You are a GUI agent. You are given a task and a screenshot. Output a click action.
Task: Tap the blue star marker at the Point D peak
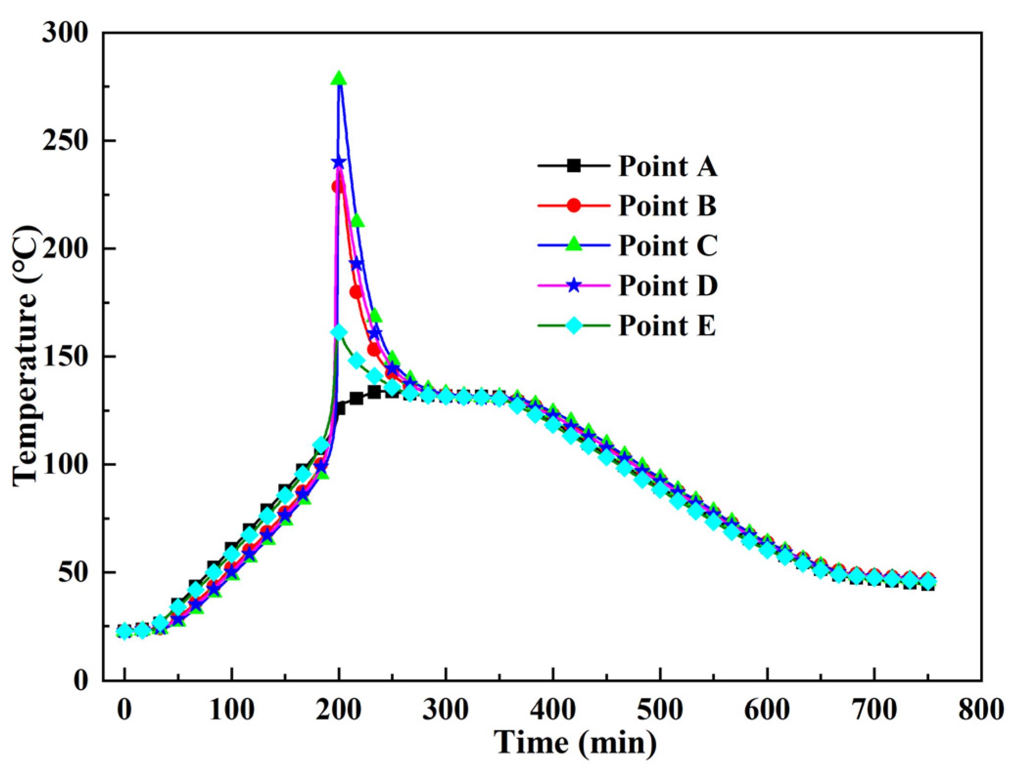pos(339,162)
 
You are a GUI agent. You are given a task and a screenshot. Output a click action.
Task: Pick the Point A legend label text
pos(668,166)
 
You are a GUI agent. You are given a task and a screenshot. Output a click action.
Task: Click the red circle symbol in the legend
pos(574,206)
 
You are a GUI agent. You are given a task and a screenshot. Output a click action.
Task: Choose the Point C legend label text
pos(668,246)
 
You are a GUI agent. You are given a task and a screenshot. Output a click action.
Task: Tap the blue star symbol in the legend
pos(574,285)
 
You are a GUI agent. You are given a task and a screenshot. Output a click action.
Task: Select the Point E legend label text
pos(667,326)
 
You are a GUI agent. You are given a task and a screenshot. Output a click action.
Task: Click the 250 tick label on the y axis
pos(65,141)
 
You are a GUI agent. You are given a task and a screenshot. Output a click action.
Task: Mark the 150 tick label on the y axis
pos(65,357)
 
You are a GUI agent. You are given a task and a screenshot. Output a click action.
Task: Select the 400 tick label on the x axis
pos(553,710)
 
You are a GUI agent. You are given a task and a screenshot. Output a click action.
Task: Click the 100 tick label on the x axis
pos(231,710)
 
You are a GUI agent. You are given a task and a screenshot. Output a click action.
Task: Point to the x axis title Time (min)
pos(575,743)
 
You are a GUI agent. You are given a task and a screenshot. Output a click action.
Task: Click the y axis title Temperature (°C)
pos(25,356)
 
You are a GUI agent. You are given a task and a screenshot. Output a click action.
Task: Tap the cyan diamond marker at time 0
pos(124,631)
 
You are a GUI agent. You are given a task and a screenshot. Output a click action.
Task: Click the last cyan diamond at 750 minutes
pos(927,582)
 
